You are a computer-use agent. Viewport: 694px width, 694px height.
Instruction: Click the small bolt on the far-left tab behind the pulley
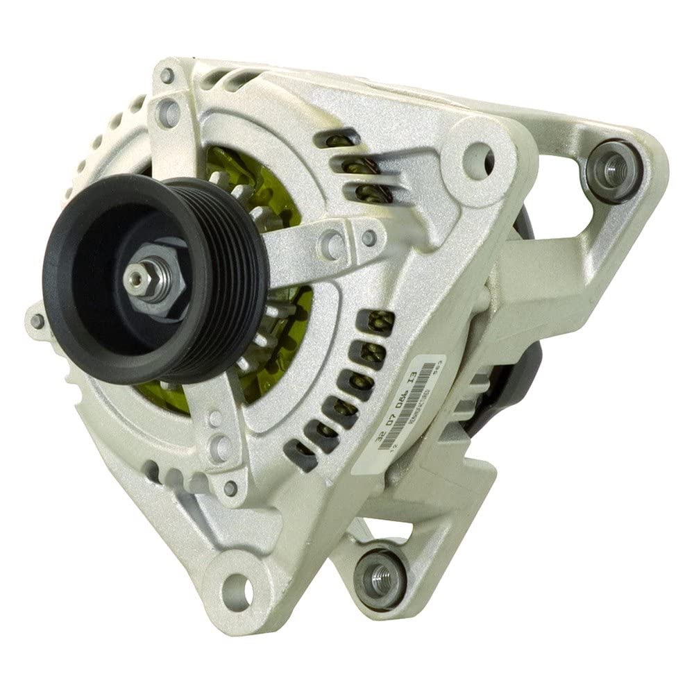click(x=36, y=320)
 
